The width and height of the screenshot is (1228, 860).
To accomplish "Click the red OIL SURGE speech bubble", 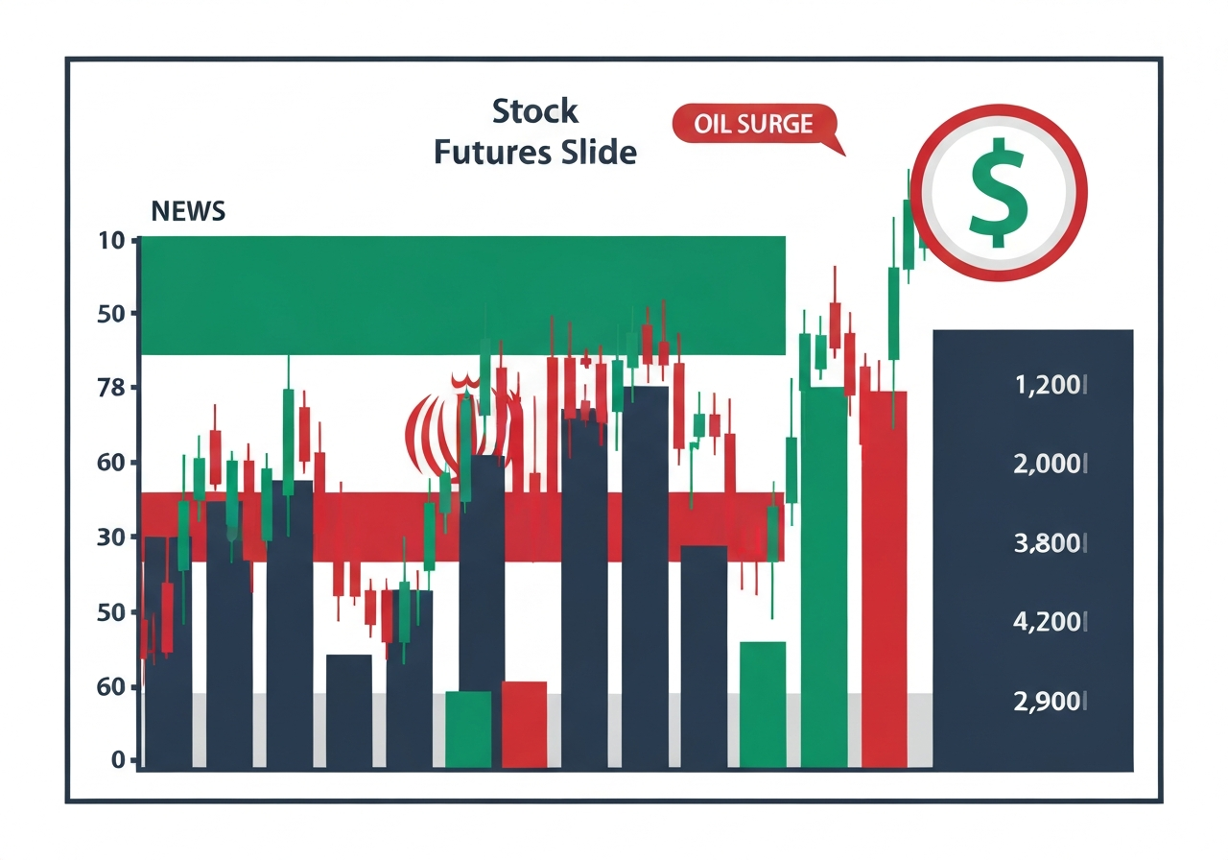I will pyautogui.click(x=754, y=125).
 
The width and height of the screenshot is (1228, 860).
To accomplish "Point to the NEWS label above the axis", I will pyautogui.click(x=188, y=211).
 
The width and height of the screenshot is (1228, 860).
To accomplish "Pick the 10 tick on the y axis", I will pyautogui.click(x=111, y=240).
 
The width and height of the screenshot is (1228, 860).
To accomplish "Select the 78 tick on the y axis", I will pyautogui.click(x=111, y=389).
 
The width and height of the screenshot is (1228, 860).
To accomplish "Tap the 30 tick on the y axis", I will pyautogui.click(x=111, y=537).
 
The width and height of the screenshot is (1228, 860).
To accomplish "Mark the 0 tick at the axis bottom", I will pyautogui.click(x=118, y=760).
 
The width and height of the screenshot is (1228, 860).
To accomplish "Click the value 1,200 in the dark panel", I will pyautogui.click(x=1050, y=387).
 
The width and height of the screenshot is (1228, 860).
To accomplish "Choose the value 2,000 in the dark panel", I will pyautogui.click(x=1050, y=466).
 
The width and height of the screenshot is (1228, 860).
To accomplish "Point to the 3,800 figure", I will pyautogui.click(x=1050, y=544).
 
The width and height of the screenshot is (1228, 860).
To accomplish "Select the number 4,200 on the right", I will pyautogui.click(x=1050, y=622).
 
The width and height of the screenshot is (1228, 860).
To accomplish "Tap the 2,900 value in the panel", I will pyautogui.click(x=1050, y=701).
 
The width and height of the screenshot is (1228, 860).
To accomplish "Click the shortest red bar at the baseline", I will pyautogui.click(x=524, y=725).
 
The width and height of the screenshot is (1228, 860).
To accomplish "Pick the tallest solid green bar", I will pyautogui.click(x=823, y=576).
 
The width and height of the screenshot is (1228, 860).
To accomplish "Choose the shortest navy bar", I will pyautogui.click(x=349, y=711).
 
